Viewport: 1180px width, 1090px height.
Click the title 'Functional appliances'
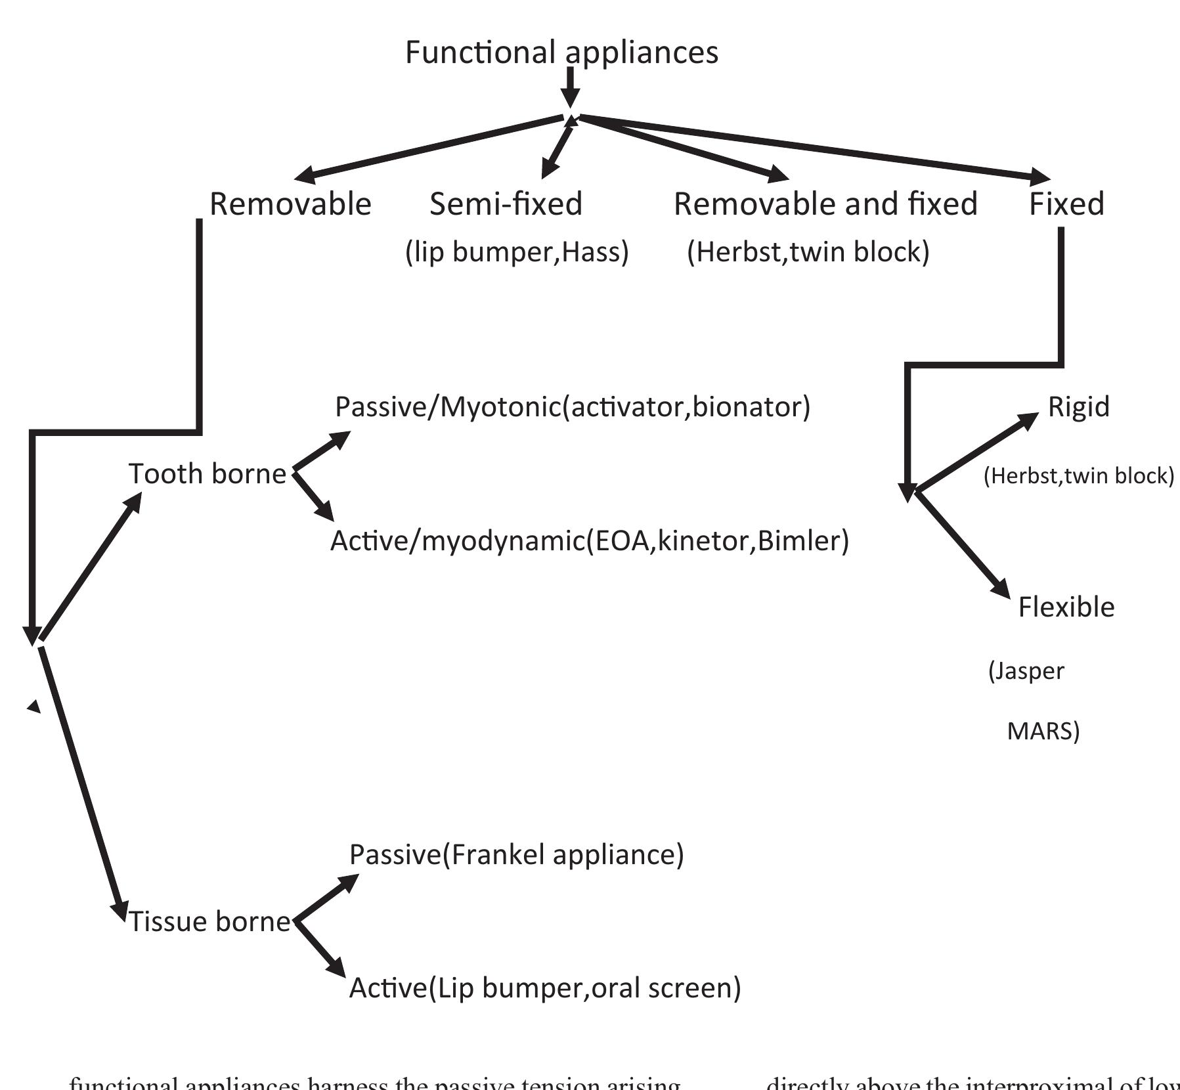pos(561,53)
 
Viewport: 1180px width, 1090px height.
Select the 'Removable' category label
pos(290,204)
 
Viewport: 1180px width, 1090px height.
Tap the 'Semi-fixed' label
pos(506,204)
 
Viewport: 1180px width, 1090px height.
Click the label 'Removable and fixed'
pos(825,204)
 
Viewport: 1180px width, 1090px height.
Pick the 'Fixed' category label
pos(1066,204)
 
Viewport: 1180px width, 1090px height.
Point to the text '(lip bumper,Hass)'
pos(517,252)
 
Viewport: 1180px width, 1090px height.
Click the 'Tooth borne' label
pos(208,474)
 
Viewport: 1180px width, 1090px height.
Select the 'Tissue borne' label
pos(209,922)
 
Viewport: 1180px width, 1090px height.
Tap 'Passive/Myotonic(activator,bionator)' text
pos(573,407)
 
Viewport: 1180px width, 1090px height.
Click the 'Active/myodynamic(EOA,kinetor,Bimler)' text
pos(589,541)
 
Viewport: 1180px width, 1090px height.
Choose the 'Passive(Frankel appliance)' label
pos(516,855)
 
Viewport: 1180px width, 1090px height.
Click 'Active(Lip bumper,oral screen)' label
pos(544,988)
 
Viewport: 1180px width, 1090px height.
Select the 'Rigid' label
pos(1078,407)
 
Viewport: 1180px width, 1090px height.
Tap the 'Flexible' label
pos(1066,607)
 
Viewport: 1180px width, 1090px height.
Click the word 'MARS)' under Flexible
pos(1043,731)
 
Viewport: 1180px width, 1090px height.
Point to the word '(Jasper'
pos(1026,671)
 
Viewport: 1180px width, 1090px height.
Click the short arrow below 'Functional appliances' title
pos(570,86)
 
